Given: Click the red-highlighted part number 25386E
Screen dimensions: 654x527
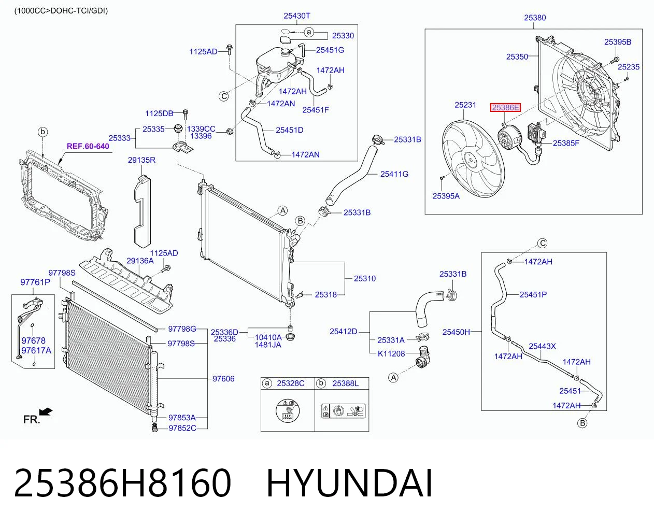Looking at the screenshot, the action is click(505, 108).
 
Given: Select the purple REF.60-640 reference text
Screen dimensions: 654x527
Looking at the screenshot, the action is click(88, 146).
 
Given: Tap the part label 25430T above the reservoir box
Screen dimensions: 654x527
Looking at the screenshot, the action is click(296, 16).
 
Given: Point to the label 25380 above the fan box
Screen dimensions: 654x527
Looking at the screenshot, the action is click(535, 18).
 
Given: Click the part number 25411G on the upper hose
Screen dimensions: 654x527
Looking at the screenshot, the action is click(394, 174).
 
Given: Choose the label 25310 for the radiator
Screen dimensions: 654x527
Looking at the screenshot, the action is click(365, 278).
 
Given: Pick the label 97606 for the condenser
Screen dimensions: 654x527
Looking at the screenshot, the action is click(223, 379).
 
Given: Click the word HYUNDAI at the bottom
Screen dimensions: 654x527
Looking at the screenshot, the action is click(349, 483).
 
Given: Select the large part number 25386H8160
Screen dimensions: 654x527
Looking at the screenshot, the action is click(122, 483).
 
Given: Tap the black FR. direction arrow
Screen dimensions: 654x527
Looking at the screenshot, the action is click(46, 412).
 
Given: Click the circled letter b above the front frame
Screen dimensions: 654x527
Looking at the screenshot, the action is click(43, 132).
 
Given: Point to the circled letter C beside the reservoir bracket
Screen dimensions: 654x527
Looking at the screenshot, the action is click(224, 96).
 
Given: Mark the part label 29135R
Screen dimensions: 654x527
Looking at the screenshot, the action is click(141, 160).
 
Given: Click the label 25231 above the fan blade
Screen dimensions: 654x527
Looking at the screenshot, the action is click(465, 105).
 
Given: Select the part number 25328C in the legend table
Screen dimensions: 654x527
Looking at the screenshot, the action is click(290, 383).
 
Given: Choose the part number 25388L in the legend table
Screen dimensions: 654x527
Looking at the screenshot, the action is click(345, 383).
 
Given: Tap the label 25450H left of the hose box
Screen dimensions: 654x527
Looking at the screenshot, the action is click(456, 332).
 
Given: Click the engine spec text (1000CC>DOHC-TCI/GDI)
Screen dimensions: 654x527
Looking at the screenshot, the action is click(61, 11).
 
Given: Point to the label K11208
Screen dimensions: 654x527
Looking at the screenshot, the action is click(391, 354).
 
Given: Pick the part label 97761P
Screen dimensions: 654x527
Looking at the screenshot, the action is click(35, 282).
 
